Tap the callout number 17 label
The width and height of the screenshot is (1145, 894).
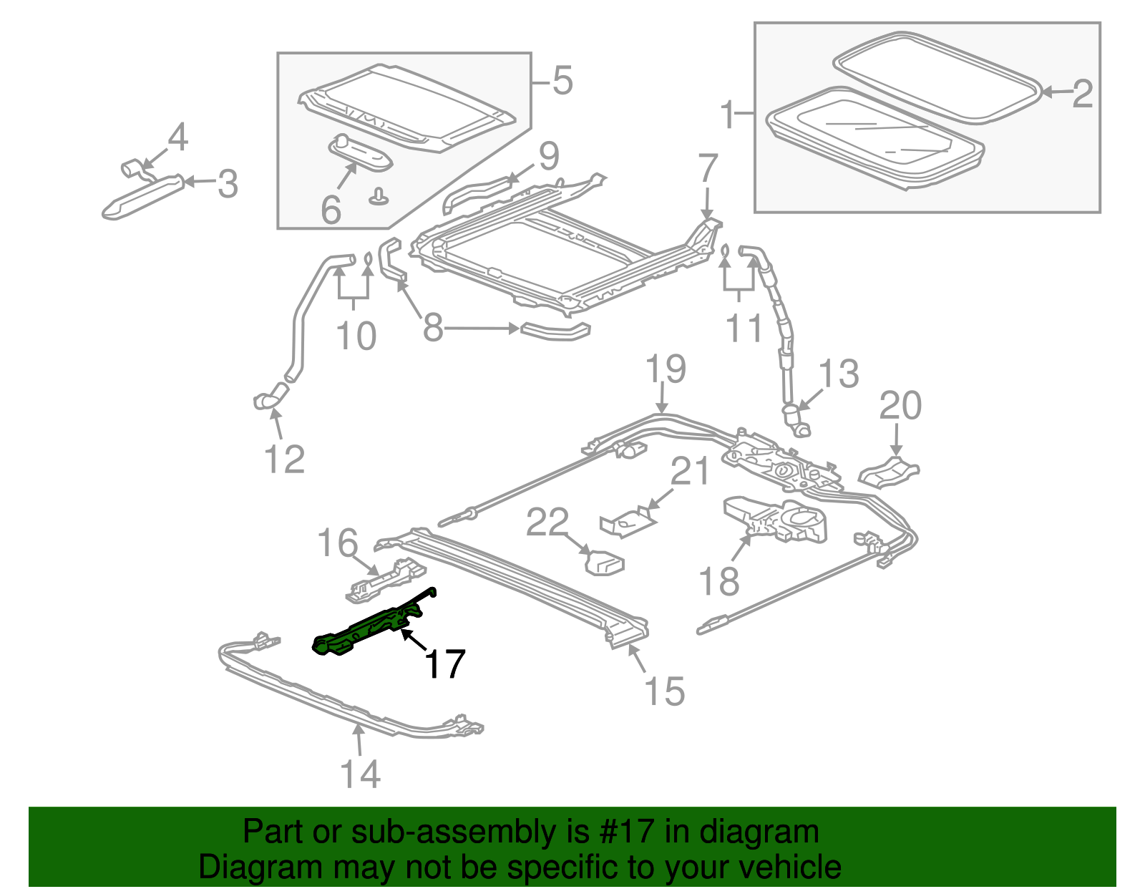[445, 664]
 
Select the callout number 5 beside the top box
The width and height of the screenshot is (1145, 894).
[562, 80]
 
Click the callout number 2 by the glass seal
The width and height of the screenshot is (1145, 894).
[1082, 94]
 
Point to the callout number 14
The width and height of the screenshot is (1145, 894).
[360, 774]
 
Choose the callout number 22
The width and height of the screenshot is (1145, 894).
[547, 523]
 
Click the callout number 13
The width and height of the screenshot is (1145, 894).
[839, 374]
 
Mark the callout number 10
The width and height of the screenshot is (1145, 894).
[356, 335]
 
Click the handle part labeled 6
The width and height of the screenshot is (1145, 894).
[360, 153]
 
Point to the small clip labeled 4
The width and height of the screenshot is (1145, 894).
[132, 168]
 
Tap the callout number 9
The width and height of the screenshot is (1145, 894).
[548, 156]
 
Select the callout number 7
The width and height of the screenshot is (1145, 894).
[707, 168]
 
